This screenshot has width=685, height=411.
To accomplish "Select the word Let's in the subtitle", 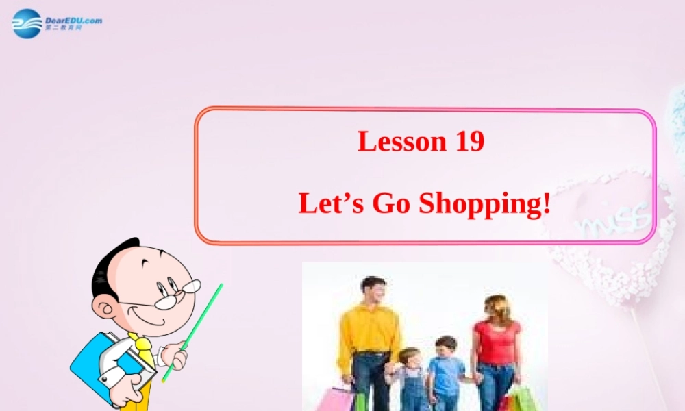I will (331, 203).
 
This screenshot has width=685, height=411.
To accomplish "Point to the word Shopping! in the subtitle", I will (485, 204).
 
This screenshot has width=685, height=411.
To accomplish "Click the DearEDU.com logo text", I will (73, 21).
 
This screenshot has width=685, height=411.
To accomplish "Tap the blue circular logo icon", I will (27, 24).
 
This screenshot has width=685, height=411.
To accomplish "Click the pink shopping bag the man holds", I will (336, 399).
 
